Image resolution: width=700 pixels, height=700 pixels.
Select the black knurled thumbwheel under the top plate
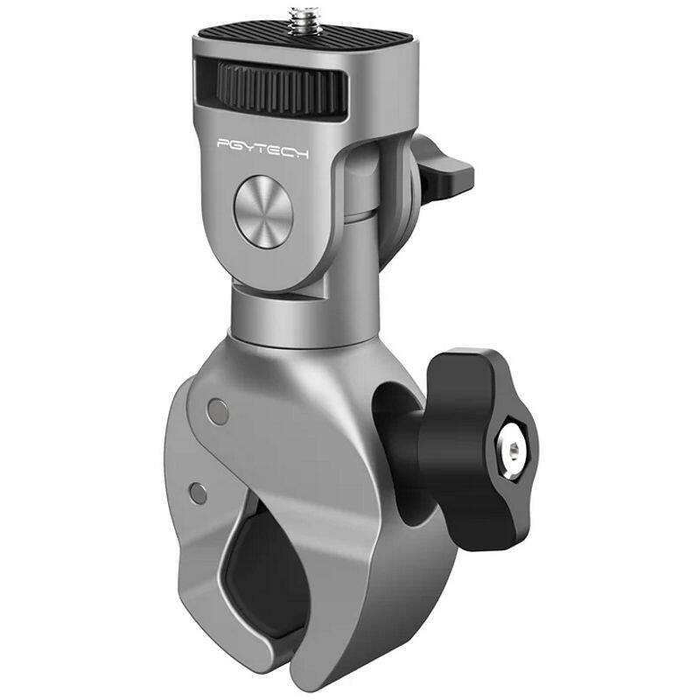click(271, 83)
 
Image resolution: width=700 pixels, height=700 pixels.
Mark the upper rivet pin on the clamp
click(216, 408)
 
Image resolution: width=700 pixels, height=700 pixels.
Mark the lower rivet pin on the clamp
click(199, 493)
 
